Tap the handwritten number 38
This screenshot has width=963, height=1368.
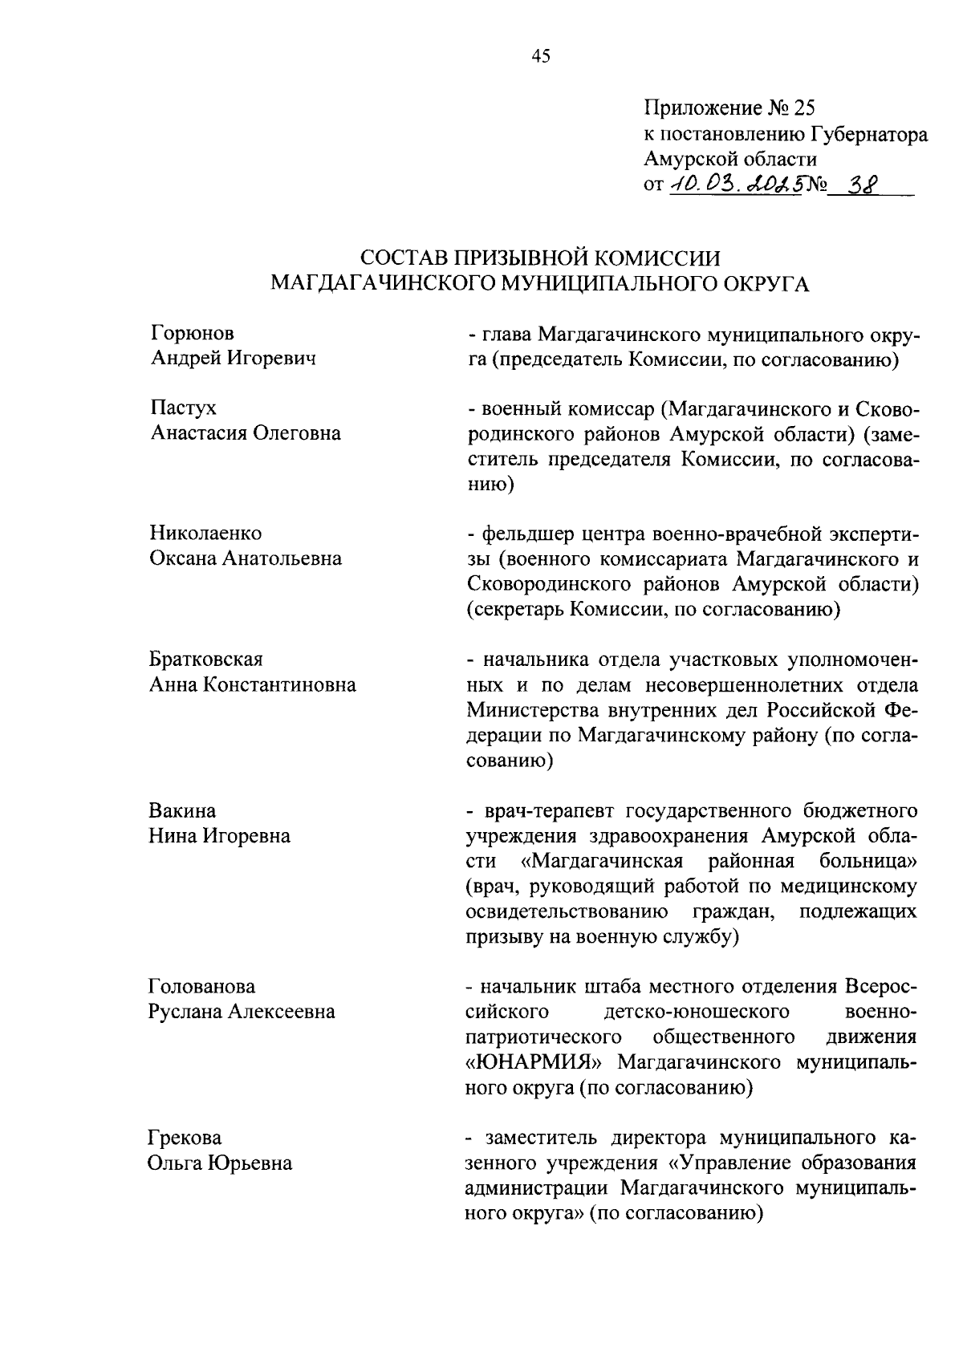[x=859, y=184]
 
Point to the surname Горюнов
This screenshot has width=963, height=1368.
[x=193, y=333]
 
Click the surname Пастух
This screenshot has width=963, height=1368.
[x=183, y=408]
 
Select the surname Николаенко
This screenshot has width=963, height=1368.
[x=205, y=533]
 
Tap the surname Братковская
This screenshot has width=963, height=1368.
[x=206, y=659]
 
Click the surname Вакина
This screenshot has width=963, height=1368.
[x=182, y=810]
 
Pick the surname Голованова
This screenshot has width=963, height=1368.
[x=201, y=986]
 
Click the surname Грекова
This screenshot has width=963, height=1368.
[x=185, y=1137]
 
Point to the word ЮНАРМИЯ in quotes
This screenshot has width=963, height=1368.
[x=538, y=1062]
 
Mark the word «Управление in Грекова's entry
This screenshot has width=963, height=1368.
[x=736, y=1163]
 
